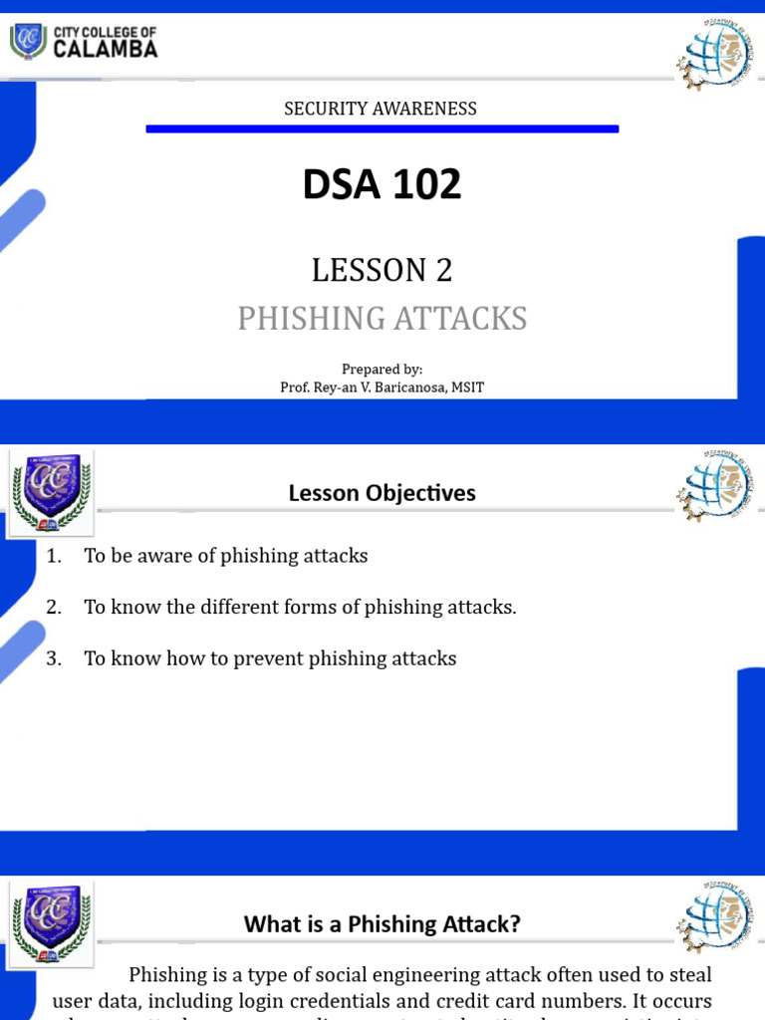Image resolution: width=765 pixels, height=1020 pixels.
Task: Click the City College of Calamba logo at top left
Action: point(83,42)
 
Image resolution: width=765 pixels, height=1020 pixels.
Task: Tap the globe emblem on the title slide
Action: point(714,56)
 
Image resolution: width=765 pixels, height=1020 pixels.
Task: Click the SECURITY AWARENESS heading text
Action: point(381,109)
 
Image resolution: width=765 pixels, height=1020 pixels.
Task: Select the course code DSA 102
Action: point(382,184)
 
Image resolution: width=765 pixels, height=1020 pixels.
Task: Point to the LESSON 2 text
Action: point(382,270)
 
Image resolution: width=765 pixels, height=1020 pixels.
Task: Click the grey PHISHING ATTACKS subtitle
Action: point(382,319)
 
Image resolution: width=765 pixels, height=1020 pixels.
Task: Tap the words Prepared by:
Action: point(382,370)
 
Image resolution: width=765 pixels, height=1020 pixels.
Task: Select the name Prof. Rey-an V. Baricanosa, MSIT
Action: point(382,387)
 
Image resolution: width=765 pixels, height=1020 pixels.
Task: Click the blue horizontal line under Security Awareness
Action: point(382,128)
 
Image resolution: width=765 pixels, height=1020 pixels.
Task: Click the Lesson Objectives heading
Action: point(382,493)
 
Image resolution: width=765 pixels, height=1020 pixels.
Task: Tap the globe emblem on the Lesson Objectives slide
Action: point(714,486)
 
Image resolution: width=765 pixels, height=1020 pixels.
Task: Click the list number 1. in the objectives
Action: point(54,556)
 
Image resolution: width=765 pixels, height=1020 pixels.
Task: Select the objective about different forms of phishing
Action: point(300,608)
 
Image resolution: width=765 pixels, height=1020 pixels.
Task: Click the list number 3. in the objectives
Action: point(54,658)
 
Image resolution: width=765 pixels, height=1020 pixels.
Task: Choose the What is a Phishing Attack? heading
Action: point(382,924)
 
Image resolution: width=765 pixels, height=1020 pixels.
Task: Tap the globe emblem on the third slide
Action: point(714,917)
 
